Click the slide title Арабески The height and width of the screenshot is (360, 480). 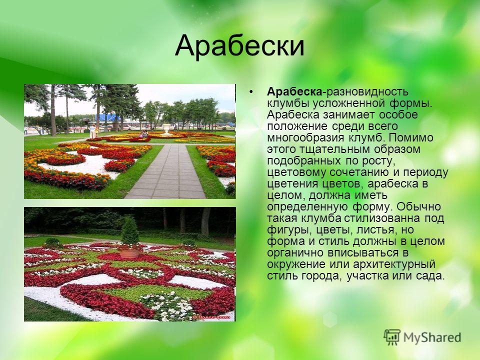click(239, 46)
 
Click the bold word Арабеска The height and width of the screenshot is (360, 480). click(294, 91)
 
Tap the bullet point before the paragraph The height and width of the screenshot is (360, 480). click(251, 91)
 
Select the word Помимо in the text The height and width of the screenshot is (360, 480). click(411, 137)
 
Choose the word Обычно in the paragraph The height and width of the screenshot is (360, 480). click(418, 206)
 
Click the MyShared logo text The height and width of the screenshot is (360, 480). click(432, 337)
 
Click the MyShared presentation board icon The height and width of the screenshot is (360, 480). click(392, 337)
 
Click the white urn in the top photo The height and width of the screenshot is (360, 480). click(166, 129)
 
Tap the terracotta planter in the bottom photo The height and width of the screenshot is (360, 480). click(130, 252)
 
